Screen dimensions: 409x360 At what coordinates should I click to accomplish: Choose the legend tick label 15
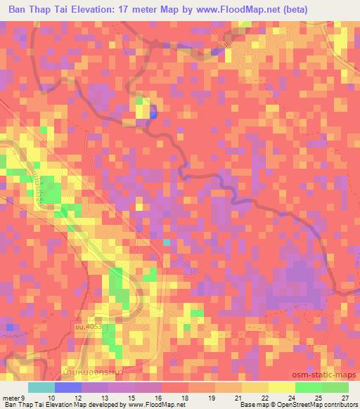[x=130, y=398]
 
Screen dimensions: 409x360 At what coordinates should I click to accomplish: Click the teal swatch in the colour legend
[x=41, y=387]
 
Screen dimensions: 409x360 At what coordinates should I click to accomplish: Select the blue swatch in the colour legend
[x=67, y=387]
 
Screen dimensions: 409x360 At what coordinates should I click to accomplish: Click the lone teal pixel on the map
[x=167, y=242]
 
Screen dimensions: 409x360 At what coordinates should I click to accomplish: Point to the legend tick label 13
[x=103, y=398]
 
